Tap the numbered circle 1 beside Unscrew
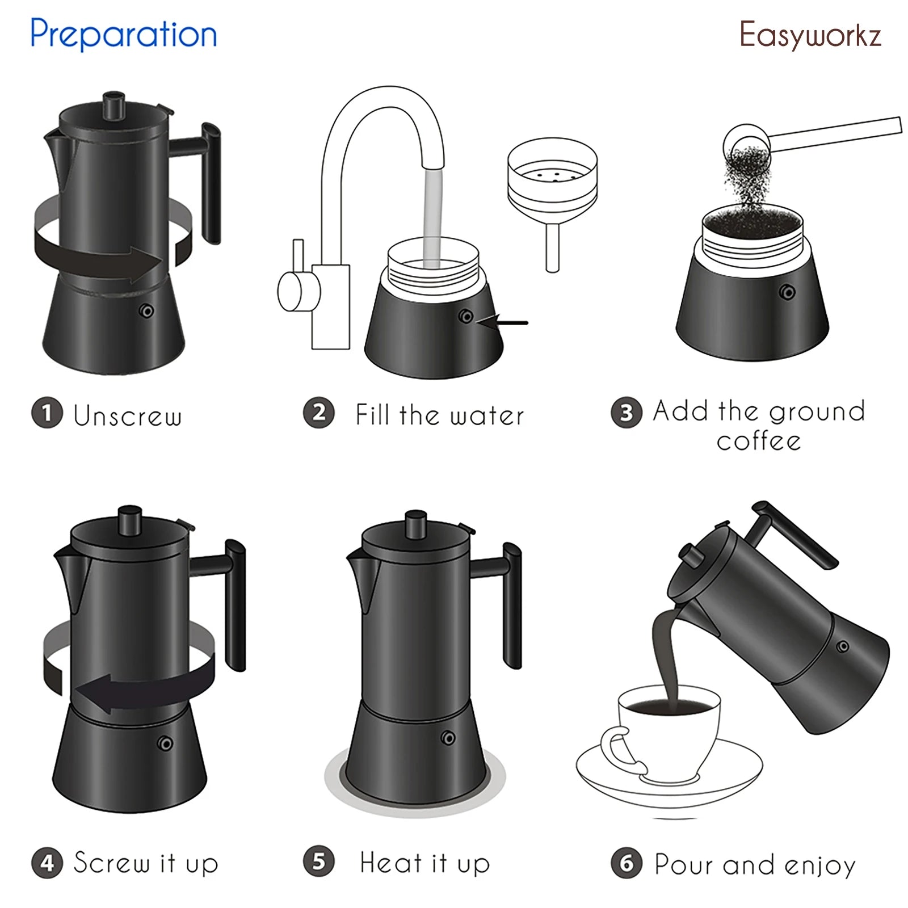(47, 413)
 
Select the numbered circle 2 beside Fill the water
(318, 413)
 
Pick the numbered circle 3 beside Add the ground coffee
(626, 413)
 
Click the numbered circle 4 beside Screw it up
(47, 863)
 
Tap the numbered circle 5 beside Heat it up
(318, 861)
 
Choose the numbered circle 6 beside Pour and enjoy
(626, 863)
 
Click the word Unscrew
(128, 415)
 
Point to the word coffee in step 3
(758, 442)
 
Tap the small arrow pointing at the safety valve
(502, 322)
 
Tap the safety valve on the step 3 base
(787, 292)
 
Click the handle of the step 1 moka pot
(211, 182)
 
